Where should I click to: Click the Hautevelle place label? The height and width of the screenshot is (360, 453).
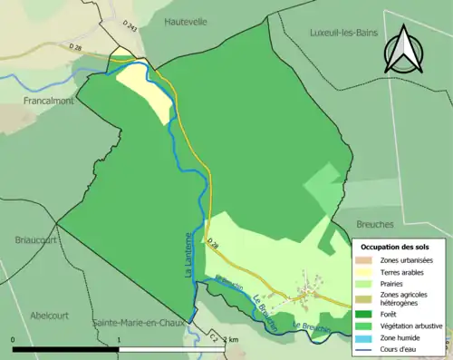coord(187,20)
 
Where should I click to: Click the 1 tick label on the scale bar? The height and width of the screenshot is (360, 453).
coord(120,336)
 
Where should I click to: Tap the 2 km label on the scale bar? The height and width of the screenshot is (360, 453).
coord(232,338)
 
